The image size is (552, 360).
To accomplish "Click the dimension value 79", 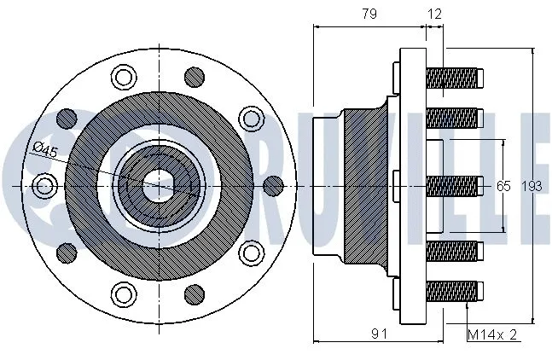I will [369, 14].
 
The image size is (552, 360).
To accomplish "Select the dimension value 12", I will [435, 14].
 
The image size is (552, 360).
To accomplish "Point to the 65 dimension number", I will [503, 186].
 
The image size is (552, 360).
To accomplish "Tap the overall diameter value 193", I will [531, 186].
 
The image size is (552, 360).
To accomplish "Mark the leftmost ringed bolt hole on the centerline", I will [43, 184].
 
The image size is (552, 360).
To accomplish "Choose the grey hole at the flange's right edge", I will [273, 184].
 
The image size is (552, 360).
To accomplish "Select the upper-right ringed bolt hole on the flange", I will [250, 118].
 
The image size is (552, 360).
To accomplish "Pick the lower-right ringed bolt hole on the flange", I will [250, 252].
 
